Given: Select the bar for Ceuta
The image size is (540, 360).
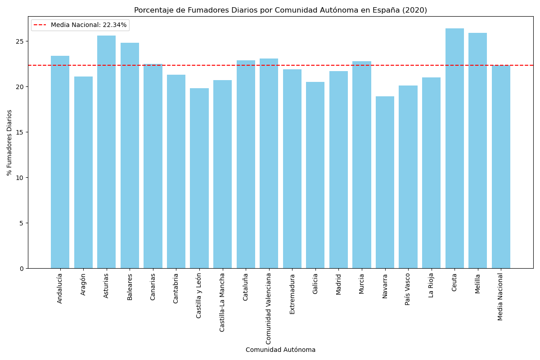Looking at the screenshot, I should (454, 148).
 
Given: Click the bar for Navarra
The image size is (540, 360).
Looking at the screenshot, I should (385, 182).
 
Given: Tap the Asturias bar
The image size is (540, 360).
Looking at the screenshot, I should (106, 152).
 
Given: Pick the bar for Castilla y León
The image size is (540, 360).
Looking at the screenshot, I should (199, 178).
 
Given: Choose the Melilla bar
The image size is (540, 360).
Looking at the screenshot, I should (477, 151).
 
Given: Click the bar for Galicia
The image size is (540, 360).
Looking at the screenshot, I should (315, 175).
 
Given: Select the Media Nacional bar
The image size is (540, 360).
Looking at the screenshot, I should (501, 167).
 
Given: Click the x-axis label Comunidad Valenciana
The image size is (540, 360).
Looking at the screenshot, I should (269, 308).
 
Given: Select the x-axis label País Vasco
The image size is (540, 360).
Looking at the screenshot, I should (408, 289).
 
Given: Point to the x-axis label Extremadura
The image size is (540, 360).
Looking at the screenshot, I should (292, 294).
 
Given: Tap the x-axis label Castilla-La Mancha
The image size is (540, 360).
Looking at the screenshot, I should (222, 302).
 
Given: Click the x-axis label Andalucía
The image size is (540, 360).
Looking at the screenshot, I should (60, 288).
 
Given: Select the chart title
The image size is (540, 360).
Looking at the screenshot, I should (280, 10).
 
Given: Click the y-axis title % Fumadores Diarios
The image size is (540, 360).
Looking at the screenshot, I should (9, 143).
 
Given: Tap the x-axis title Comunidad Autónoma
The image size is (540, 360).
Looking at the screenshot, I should (280, 350).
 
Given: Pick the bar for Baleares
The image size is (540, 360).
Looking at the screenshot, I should (130, 156).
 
